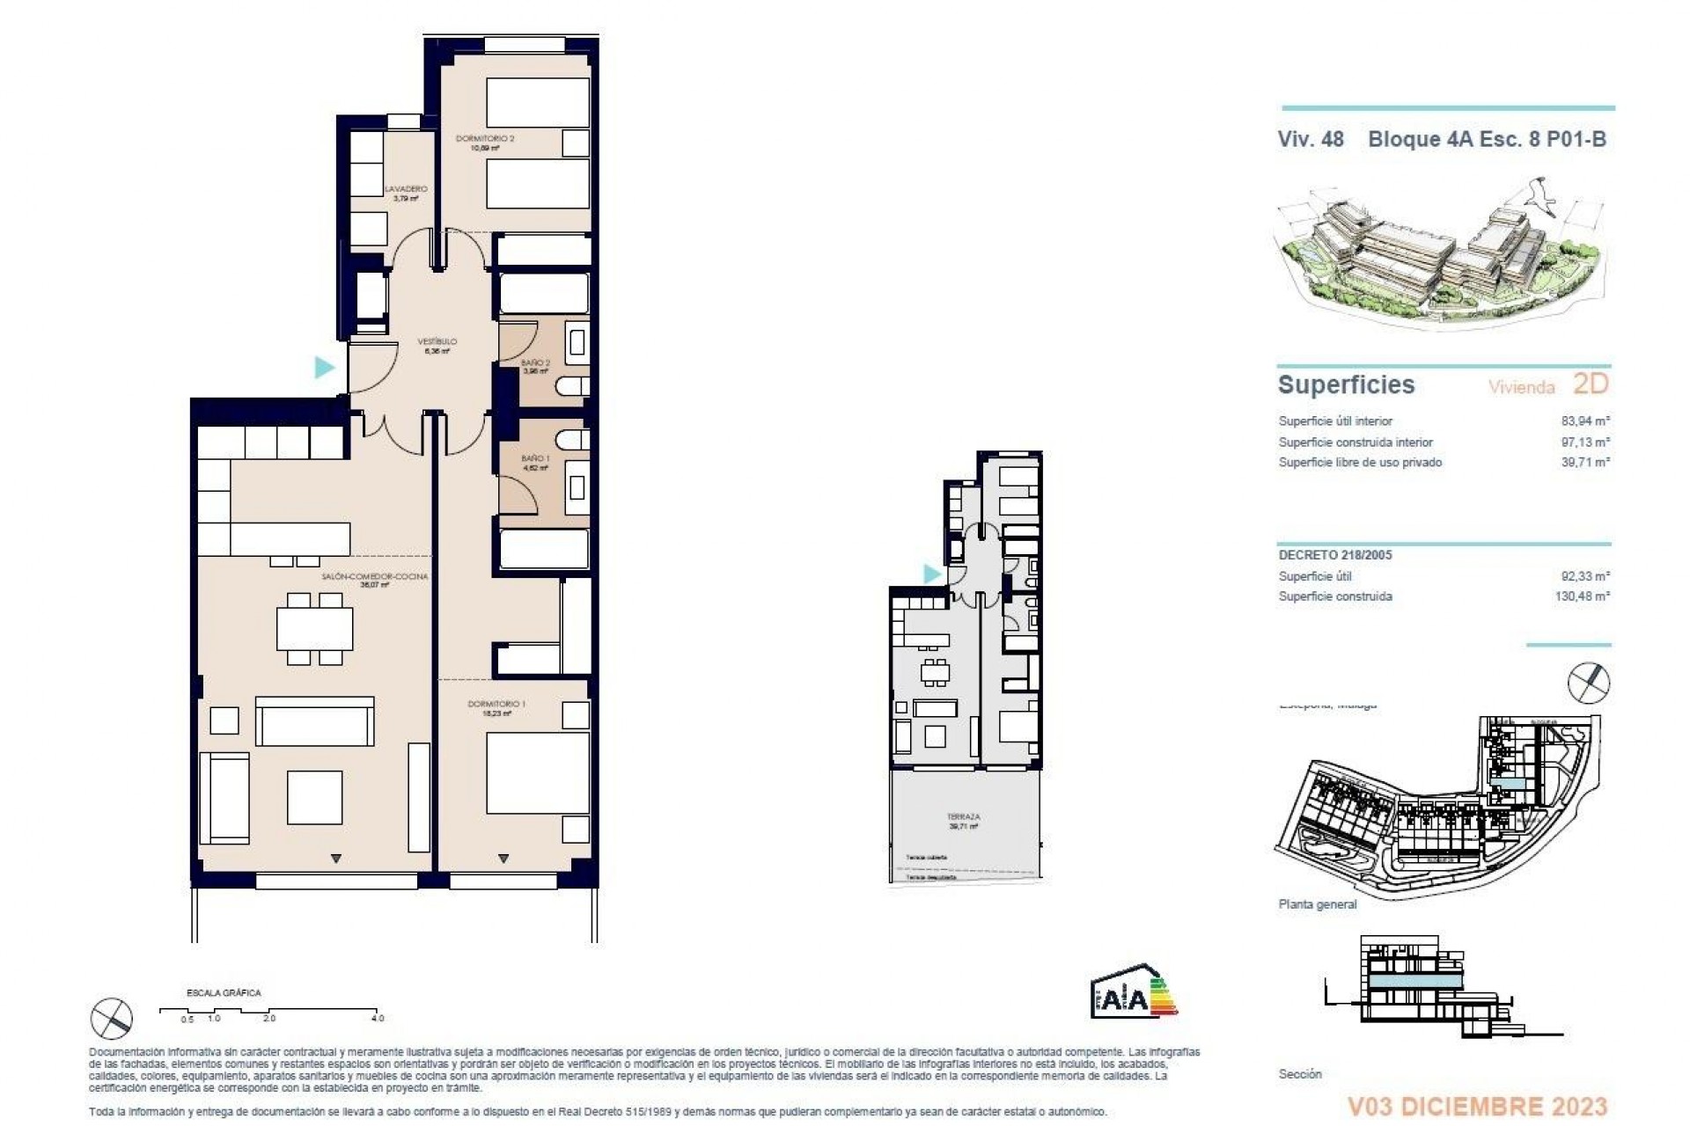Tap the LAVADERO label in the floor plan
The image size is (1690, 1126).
pos(406,189)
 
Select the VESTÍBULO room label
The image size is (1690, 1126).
pos(437,341)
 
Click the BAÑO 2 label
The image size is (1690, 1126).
pos(535,362)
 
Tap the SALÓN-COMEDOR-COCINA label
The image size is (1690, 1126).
pos(374,577)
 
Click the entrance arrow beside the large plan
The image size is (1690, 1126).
pos(325,367)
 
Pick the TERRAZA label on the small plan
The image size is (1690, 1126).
pos(964,817)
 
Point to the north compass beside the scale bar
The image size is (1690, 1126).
pos(112,1019)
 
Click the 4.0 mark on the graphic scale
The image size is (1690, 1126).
pos(377,1018)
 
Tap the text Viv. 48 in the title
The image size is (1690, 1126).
pos(1310,139)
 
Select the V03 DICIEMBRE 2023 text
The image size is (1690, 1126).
pos(1477,1106)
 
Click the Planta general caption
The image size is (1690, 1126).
pos(1317,904)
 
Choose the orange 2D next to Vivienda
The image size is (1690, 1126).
pos(1590,384)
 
